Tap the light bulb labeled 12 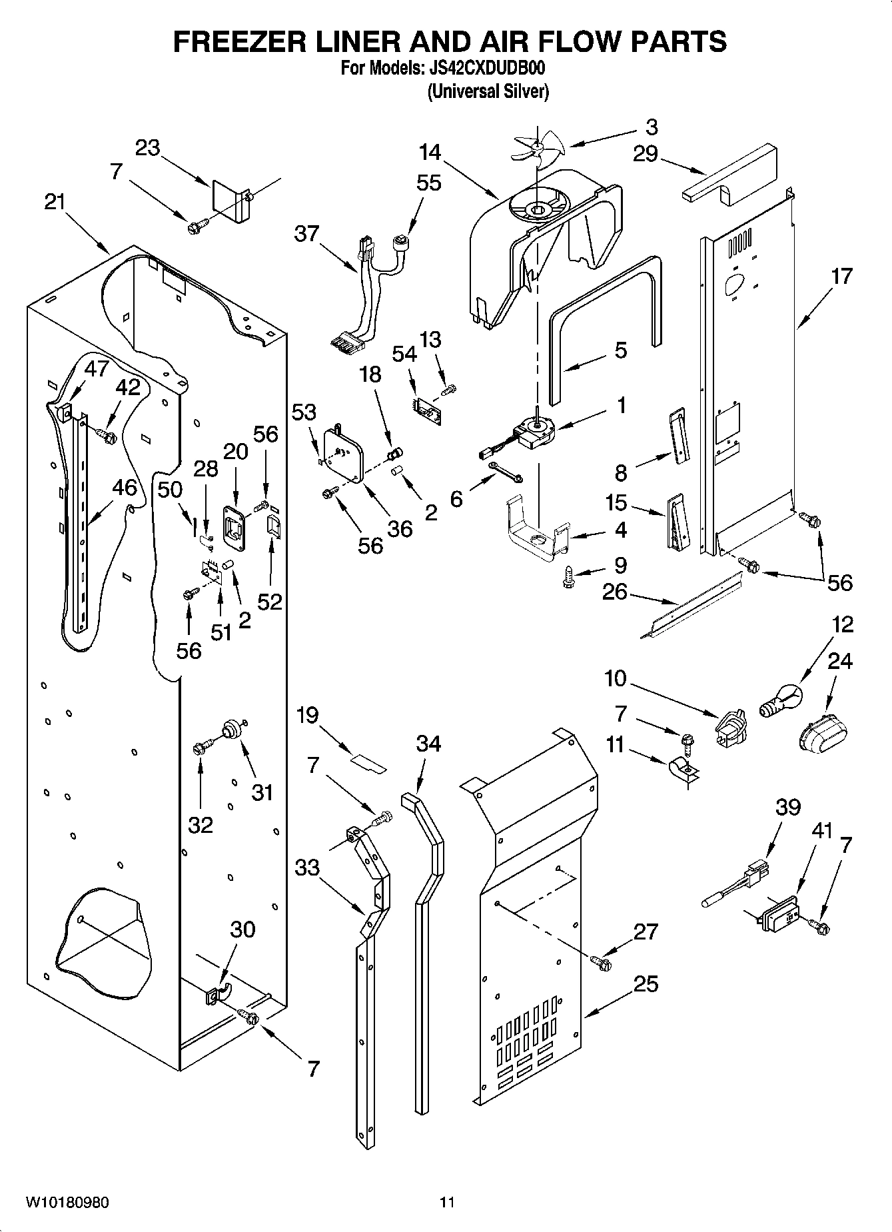pyautogui.click(x=782, y=698)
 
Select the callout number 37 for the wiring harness pyautogui.click(x=306, y=234)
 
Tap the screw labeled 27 pyautogui.click(x=602, y=961)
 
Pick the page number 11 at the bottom pyautogui.click(x=446, y=1202)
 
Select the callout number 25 pyautogui.click(x=646, y=983)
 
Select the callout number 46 pyautogui.click(x=123, y=487)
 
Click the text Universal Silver pyautogui.click(x=488, y=91)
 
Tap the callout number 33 pyautogui.click(x=307, y=867)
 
